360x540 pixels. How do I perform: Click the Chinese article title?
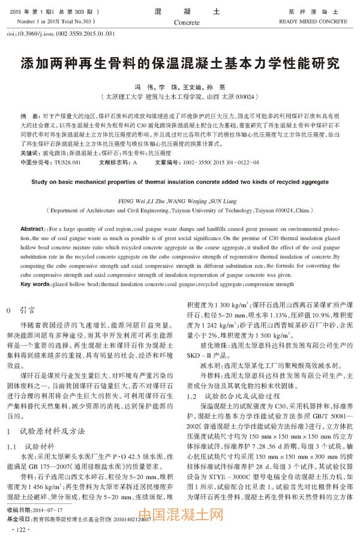[179, 63]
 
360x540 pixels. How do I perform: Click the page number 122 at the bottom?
[22, 530]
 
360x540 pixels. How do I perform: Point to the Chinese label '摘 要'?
[28, 114]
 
